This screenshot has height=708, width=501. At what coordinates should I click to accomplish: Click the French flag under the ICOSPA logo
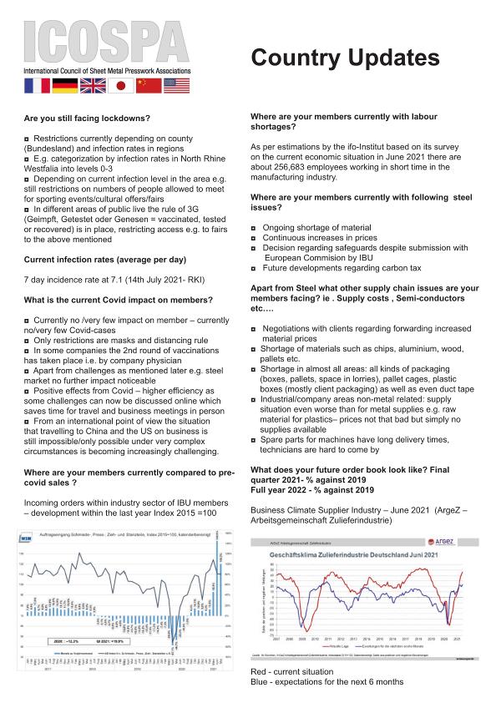[x=38, y=85]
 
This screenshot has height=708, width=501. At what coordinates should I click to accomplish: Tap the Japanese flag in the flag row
[x=121, y=85]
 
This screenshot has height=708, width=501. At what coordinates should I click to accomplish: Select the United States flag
[x=176, y=85]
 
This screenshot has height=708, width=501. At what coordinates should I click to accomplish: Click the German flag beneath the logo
[x=65, y=85]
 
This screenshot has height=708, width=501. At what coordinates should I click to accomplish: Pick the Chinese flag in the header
[x=149, y=85]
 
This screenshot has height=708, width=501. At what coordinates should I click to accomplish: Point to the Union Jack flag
[x=94, y=85]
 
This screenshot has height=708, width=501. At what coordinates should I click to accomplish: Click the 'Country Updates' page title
[x=345, y=58]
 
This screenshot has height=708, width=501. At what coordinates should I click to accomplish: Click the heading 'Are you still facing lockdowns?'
[x=88, y=119]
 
